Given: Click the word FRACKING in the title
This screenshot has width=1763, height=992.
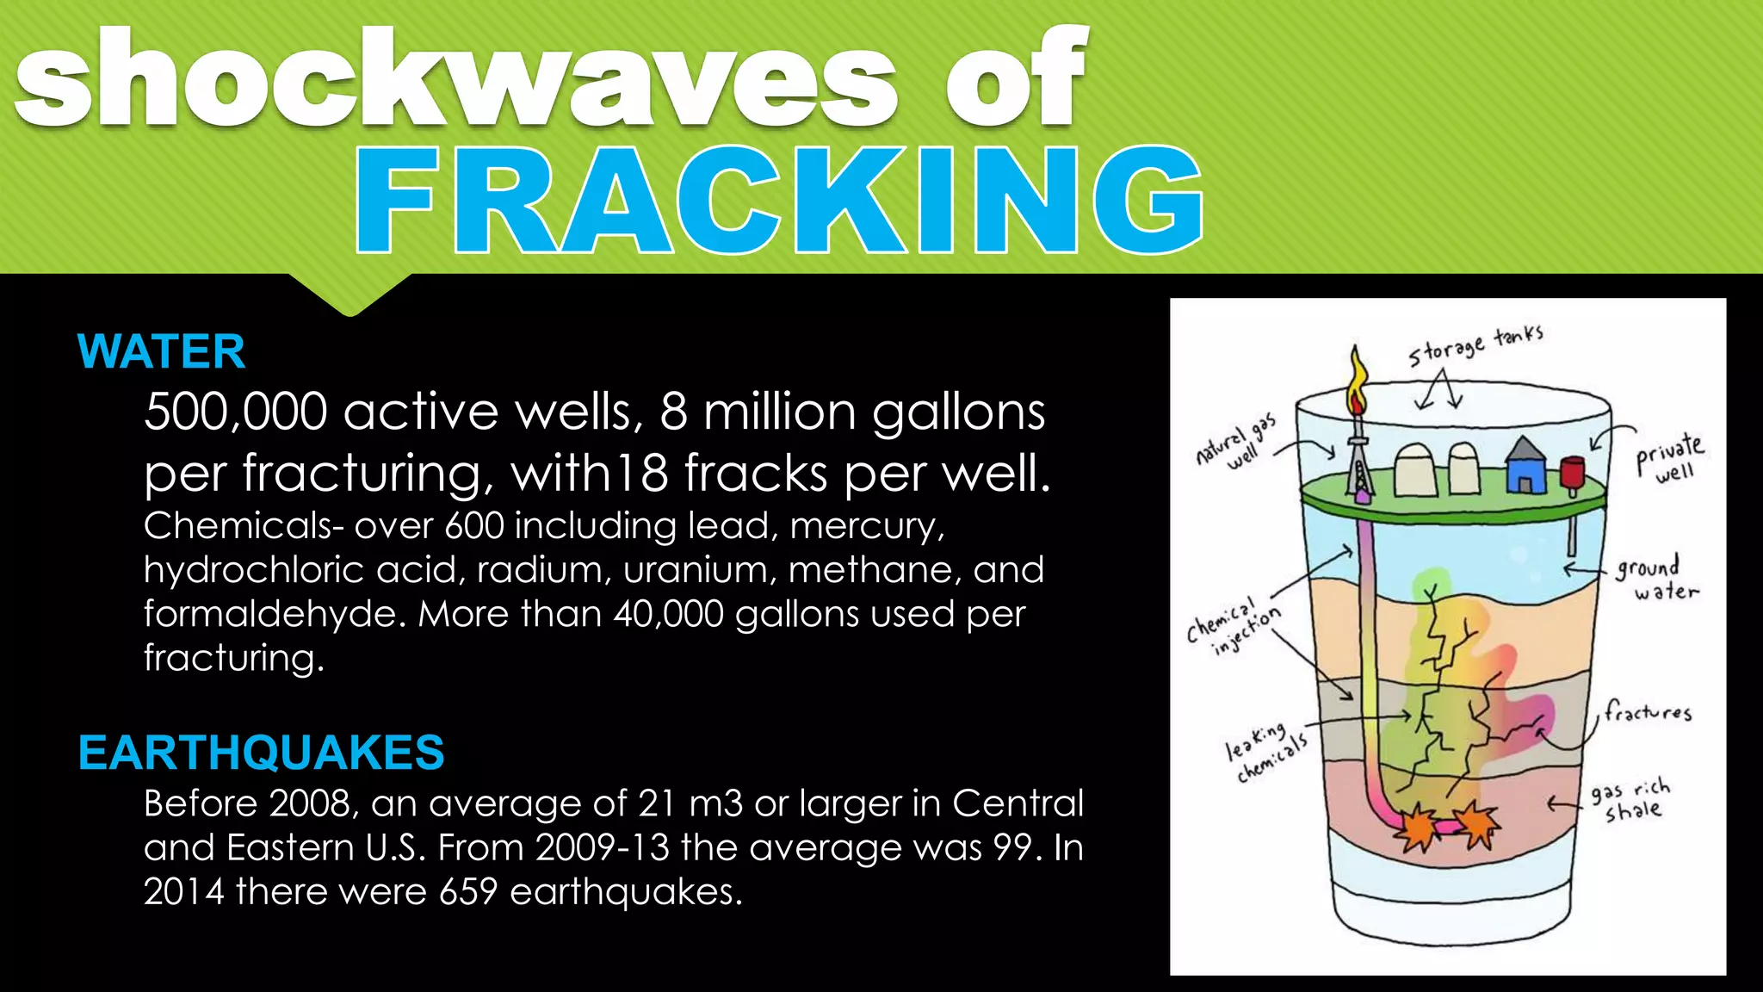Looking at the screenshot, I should click(779, 200).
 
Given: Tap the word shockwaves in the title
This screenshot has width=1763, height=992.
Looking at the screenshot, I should click(456, 79).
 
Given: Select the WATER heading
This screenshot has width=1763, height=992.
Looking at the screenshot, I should click(161, 351).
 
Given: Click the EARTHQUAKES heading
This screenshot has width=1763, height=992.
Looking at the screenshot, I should click(261, 752).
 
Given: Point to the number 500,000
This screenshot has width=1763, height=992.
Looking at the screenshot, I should click(236, 412).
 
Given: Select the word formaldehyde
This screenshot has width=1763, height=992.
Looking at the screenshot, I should click(275, 614).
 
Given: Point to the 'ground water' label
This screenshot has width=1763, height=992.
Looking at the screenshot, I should click(1655, 579).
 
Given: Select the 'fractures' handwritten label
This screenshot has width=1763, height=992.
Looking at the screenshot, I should click(1647, 712).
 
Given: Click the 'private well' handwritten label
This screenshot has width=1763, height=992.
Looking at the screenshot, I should click(1670, 457).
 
